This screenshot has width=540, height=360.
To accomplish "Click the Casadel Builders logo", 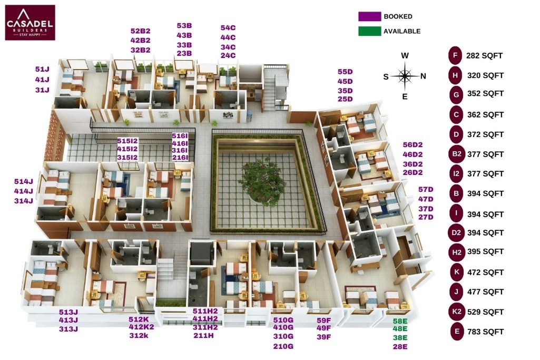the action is click(x=30, y=22).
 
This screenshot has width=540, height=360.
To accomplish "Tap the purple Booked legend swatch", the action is click(x=369, y=16).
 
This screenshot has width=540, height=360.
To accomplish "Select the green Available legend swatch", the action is click(x=369, y=31).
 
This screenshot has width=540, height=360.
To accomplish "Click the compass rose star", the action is click(x=405, y=75).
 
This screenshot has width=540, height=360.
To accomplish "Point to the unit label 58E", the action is click(x=400, y=321).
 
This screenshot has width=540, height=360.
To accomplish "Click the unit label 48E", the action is click(x=400, y=329).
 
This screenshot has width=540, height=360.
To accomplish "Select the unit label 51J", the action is click(x=42, y=69).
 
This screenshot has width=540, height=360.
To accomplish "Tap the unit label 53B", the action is click(x=184, y=26).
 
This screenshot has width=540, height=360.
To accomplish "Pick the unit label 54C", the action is click(x=228, y=28).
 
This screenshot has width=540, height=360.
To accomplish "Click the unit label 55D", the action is click(x=345, y=72).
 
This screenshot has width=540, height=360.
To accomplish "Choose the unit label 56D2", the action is click(x=413, y=145).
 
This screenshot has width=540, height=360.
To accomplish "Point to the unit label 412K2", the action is click(x=141, y=327).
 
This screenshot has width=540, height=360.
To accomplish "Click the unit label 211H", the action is click(x=203, y=335).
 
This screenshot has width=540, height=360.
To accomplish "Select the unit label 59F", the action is click(x=323, y=320).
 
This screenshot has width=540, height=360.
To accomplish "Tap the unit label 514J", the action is click(x=23, y=181).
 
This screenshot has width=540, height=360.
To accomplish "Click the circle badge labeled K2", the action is click(x=457, y=312).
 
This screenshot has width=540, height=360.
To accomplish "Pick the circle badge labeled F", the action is click(x=455, y=55).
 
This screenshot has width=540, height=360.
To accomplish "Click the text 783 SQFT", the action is click(x=485, y=332).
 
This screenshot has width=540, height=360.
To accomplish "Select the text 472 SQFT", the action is click(x=485, y=273).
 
